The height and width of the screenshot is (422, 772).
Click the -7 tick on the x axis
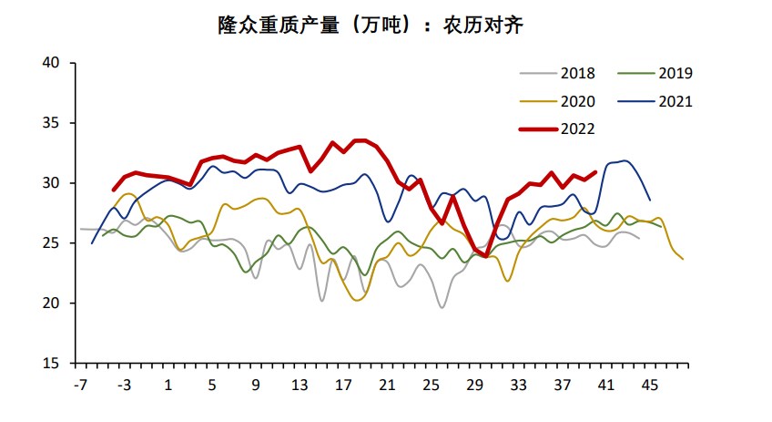click(x=81, y=386)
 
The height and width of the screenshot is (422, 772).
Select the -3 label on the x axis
click(x=125, y=386)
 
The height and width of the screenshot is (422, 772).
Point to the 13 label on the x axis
click(x=300, y=386)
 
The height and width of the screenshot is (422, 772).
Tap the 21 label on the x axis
click(x=387, y=386)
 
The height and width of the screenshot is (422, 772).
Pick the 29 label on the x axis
click(x=474, y=386)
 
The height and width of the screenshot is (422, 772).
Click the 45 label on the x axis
click(x=650, y=386)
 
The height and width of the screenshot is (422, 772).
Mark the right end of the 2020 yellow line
click(x=683, y=259)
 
